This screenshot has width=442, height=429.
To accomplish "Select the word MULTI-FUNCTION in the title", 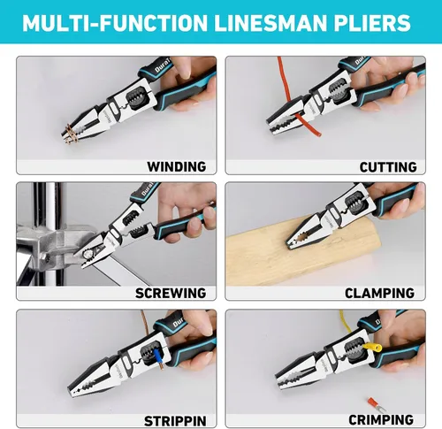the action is [115, 23].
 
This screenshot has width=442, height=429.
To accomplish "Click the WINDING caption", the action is [177, 166].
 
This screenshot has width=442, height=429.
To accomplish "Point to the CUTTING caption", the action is [388, 167].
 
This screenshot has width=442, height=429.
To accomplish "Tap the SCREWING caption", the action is [171, 293].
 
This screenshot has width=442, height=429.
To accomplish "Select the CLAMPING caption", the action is [379, 293].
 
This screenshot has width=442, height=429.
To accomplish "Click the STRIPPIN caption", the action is [175, 421].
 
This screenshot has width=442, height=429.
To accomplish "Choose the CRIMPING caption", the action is [381, 419].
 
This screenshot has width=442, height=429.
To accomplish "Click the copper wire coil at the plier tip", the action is [71, 134].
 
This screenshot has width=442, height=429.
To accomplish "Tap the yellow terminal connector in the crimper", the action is [373, 347].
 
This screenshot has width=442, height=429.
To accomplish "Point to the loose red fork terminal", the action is [377, 404].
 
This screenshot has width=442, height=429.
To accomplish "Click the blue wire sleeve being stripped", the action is [157, 356].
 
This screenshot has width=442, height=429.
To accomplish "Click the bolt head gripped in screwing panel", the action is [88, 254].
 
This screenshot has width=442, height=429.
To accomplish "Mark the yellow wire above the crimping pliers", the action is [348, 325].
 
